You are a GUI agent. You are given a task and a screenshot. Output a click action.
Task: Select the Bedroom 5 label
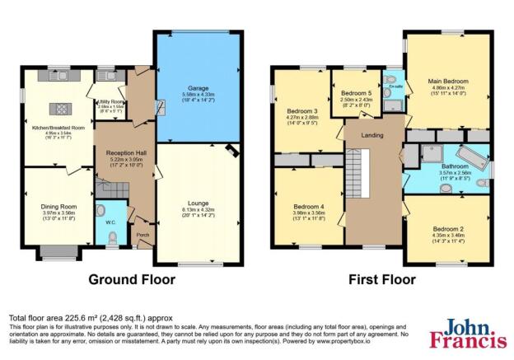pyautogui.click(x=353, y=94)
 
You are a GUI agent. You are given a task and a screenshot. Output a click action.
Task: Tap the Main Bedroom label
pyautogui.click(x=447, y=82)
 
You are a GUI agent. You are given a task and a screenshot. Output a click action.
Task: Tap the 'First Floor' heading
pyautogui.click(x=380, y=279)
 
